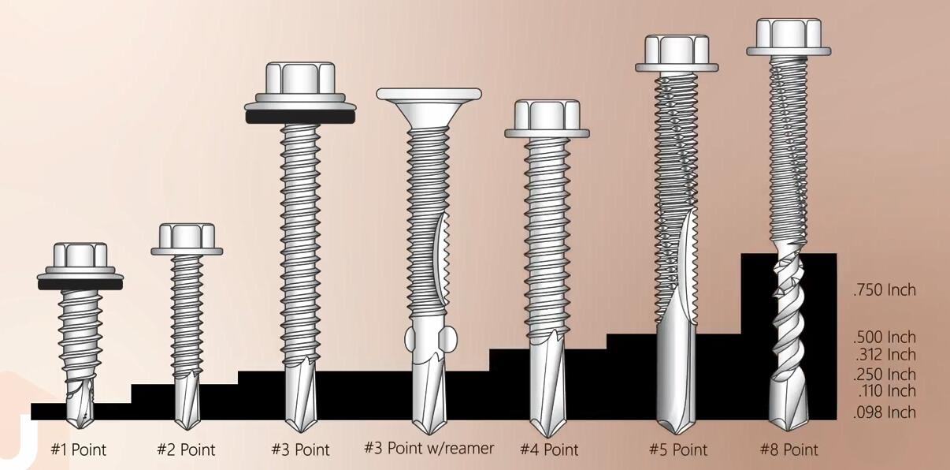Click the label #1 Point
tap(78, 450)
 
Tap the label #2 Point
tap(186, 450)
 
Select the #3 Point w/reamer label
tap(429, 449)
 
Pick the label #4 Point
tap(549, 450)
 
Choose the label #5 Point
tap(678, 450)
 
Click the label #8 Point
tap(789, 450)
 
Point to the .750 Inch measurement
tap(885, 290)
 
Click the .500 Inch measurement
tap(885, 338)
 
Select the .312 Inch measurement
tap(885, 355)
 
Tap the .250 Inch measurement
tap(885, 375)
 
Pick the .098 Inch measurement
tap(885, 412)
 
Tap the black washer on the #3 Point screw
tap(300, 117)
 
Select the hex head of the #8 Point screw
tap(789, 34)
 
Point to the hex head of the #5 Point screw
tap(677, 50)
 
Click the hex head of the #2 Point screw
tap(187, 237)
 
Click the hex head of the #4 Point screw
tap(547, 115)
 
